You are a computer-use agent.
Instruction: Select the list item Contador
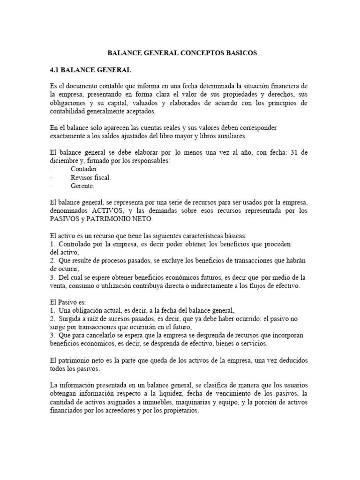point(84,169)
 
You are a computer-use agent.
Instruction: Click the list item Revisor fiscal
point(91,177)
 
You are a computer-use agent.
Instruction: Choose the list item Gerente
point(82,186)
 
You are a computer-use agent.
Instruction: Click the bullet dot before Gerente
point(51,186)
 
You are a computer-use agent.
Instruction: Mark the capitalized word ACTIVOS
point(109,211)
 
